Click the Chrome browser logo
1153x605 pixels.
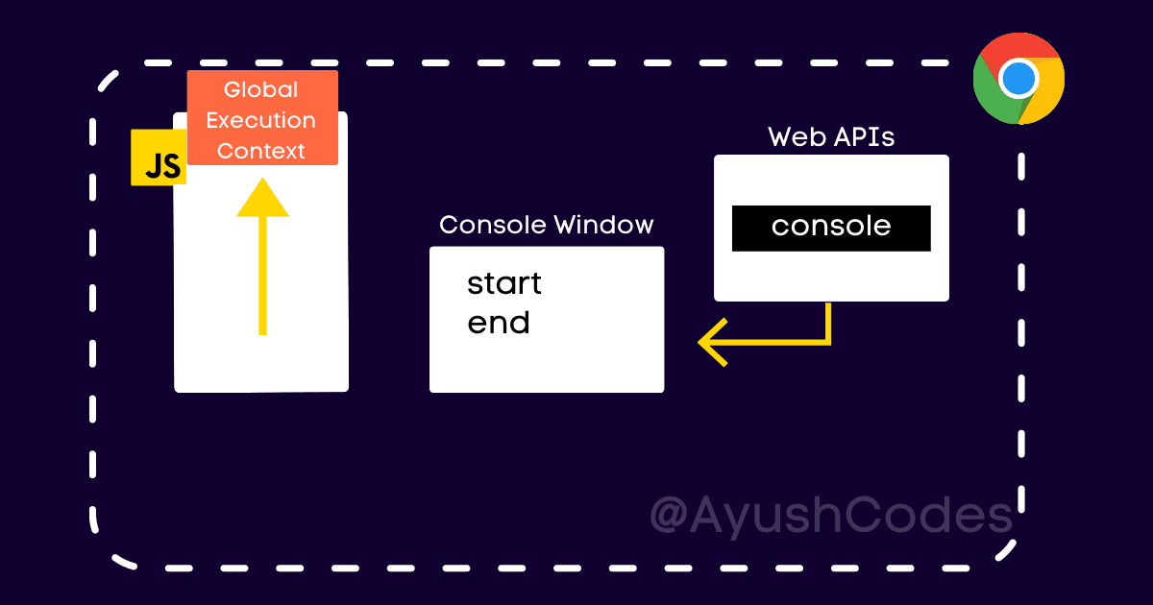(1018, 78)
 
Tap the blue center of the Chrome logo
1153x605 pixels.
(1018, 78)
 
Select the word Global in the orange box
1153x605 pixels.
(261, 90)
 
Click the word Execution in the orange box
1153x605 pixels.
(261, 121)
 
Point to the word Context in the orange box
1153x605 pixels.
(261, 152)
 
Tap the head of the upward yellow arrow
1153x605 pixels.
(262, 199)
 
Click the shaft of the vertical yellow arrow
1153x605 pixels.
(262, 278)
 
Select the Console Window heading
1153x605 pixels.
(546, 225)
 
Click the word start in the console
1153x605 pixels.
(504, 284)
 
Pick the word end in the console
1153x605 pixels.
(499, 324)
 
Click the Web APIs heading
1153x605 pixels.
(831, 137)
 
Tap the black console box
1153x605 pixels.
(831, 228)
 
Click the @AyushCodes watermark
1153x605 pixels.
(831, 515)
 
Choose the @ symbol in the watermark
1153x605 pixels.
(670, 516)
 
